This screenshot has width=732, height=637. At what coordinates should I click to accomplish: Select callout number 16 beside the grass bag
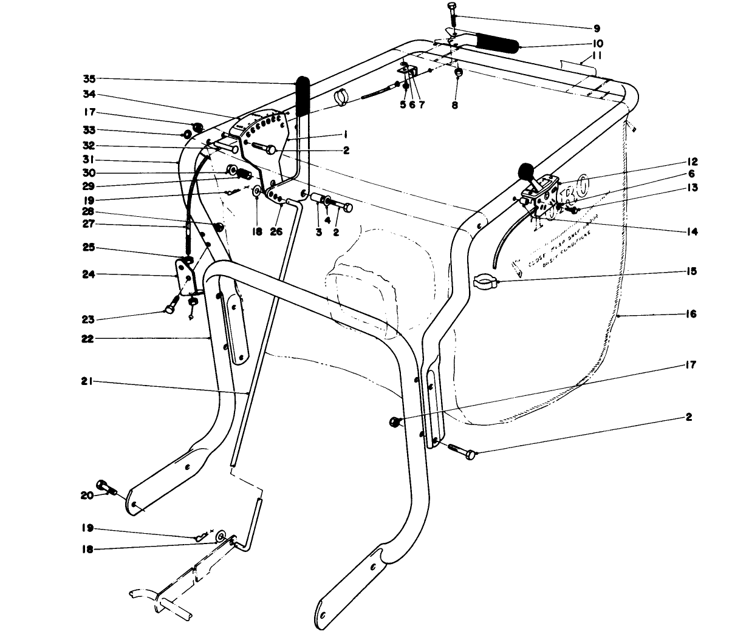(692, 314)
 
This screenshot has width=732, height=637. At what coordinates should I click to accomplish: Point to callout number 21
(88, 382)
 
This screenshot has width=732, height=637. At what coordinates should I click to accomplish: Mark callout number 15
(692, 271)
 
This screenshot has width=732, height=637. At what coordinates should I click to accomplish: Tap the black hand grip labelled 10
(497, 43)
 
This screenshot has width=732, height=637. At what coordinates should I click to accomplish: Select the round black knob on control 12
(525, 171)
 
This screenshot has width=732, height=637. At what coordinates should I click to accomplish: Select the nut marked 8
(459, 73)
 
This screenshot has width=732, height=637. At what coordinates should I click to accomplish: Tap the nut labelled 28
(219, 227)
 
